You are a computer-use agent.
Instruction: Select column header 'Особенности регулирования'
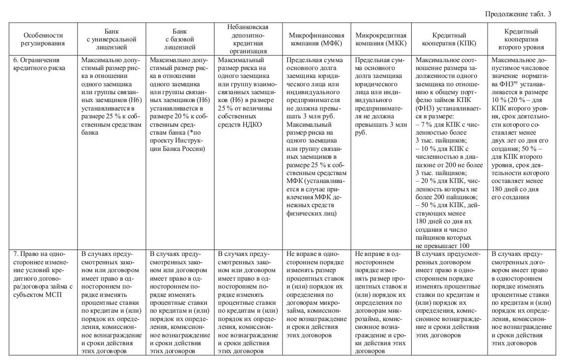coord(44,39)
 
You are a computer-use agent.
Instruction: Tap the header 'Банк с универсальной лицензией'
coord(111,39)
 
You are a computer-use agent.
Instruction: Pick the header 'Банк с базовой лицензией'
coord(179,39)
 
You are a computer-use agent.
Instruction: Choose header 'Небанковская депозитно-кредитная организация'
coord(247,39)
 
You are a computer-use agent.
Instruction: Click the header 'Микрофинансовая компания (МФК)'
coord(316,39)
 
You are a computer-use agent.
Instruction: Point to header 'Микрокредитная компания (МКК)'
coord(381,39)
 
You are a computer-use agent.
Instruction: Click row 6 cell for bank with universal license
coord(111,96)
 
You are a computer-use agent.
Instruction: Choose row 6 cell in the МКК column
coord(381,96)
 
